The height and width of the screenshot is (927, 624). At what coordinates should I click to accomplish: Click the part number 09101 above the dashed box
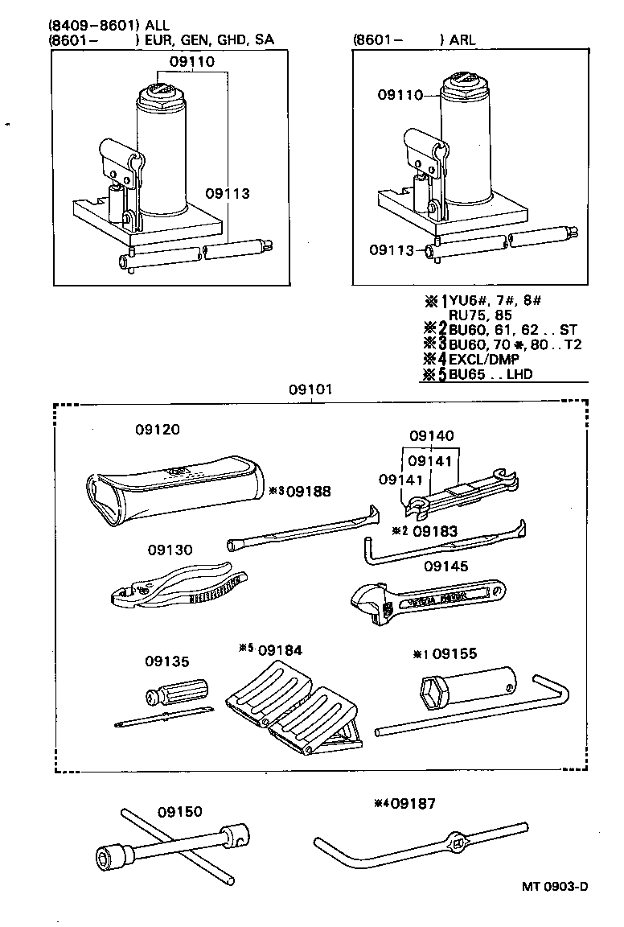[311, 389]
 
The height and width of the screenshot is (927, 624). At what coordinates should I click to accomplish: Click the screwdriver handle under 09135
[177, 690]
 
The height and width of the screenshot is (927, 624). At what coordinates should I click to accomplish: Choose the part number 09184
[280, 650]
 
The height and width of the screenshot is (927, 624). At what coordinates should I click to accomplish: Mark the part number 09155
[454, 653]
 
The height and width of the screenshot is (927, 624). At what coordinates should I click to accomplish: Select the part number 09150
[179, 811]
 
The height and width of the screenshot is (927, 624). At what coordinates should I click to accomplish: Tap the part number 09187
[413, 803]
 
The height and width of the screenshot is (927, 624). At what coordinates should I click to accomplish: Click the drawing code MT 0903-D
[555, 886]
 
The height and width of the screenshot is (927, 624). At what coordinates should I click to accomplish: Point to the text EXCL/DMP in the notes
[484, 359]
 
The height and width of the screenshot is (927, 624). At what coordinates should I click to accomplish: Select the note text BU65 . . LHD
[491, 374]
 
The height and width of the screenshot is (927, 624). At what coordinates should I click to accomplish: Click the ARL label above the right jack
[462, 40]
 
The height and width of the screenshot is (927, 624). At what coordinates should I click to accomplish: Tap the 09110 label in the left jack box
[192, 61]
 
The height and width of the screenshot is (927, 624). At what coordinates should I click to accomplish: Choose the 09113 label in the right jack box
[392, 250]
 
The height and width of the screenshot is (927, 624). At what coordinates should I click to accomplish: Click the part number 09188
[309, 492]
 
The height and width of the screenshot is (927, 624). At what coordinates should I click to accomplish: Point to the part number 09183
[435, 531]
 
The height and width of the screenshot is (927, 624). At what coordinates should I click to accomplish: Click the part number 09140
[432, 435]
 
